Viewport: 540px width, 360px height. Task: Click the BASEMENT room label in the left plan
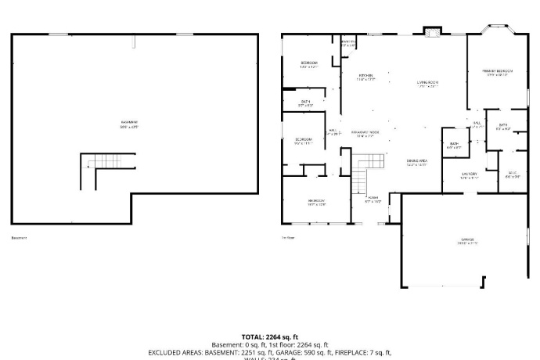coord(130,124)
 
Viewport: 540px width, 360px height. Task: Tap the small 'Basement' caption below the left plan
coord(19,238)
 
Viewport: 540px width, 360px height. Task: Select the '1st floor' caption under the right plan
coord(289,238)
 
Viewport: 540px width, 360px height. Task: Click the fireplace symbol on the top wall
coord(431,32)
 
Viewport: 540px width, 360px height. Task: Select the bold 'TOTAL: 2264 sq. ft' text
coord(269,337)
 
